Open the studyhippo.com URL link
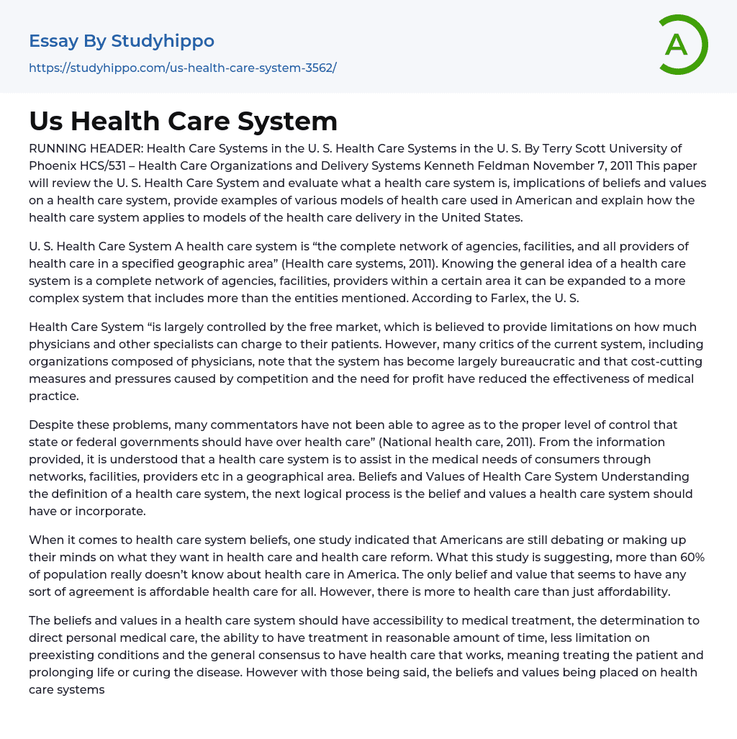[x=182, y=68]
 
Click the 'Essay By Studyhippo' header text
[x=121, y=41]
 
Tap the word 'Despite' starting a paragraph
[x=50, y=425]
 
